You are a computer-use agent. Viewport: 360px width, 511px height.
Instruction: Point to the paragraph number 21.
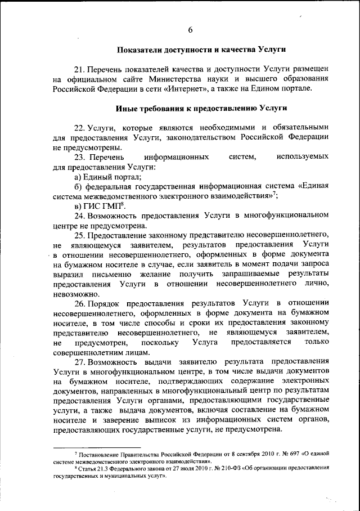point(79,69)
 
